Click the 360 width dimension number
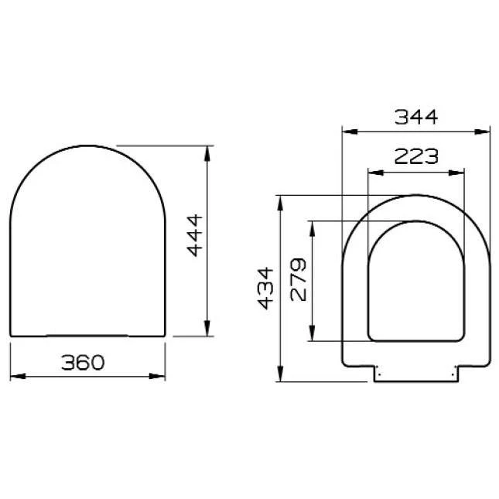[83, 363]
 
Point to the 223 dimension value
[416, 156]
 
